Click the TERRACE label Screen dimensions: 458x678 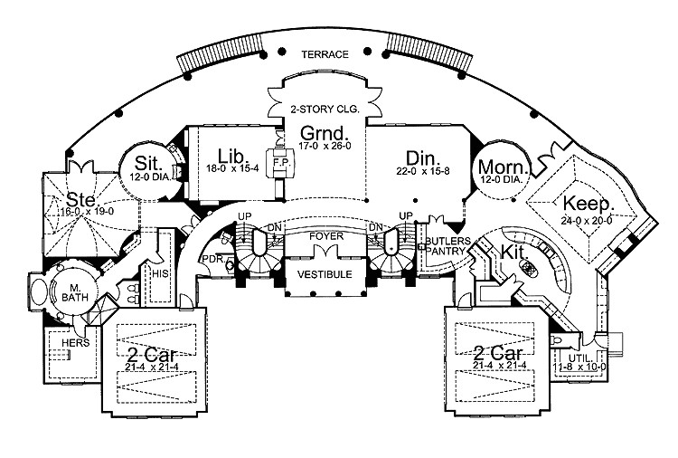[326, 54]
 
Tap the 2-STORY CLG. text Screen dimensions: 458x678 [325, 109]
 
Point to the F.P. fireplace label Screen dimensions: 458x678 [280, 155]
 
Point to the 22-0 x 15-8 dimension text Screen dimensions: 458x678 [422, 172]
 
